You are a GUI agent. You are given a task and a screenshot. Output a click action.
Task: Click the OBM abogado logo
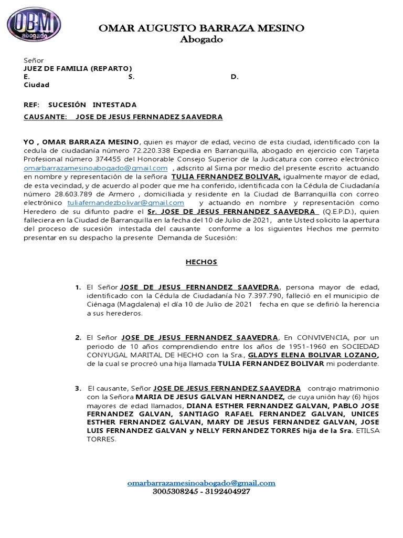(34, 25)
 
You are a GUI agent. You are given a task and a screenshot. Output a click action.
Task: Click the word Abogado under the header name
(201, 39)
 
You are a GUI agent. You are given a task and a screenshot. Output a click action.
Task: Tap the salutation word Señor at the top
(34, 61)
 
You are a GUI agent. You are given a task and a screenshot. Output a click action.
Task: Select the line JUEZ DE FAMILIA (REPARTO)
(78, 69)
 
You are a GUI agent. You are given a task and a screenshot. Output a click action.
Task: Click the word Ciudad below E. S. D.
(37, 85)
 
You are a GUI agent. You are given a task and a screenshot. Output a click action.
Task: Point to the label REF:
(32, 105)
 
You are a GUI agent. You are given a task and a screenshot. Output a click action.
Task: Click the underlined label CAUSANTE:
(46, 117)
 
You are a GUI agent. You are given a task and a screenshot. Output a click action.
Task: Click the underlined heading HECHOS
(201, 262)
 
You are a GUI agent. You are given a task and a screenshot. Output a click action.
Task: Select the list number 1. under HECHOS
(78, 287)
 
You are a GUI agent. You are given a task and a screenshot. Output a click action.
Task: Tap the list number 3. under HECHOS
(78, 388)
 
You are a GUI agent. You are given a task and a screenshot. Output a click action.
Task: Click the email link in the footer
(201, 483)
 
